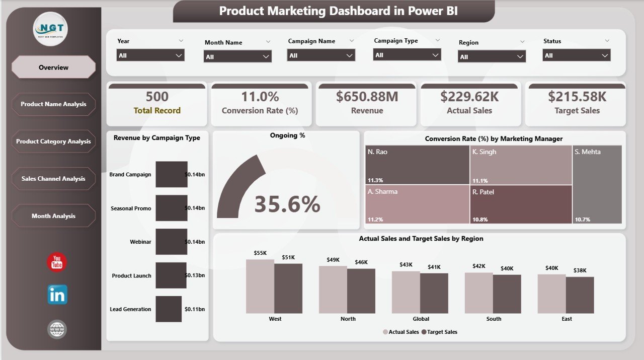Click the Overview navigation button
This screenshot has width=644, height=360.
tap(53, 67)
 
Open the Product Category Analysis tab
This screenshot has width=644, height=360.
tap(53, 141)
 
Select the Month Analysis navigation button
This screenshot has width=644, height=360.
tap(53, 216)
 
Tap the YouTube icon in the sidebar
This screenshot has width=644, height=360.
tap(57, 263)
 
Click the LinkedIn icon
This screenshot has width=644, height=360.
tap(57, 295)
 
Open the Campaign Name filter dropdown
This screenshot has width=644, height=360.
tap(321, 55)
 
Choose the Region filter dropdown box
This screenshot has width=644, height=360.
tap(492, 56)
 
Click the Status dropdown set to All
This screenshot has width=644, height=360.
tap(577, 55)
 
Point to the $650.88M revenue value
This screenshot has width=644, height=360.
tap(366, 96)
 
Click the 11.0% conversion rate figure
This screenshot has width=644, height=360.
tap(260, 96)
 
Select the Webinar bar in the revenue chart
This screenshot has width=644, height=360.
tap(171, 242)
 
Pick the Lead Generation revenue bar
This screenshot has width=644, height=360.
tap(168, 309)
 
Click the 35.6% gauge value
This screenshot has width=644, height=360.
tap(287, 204)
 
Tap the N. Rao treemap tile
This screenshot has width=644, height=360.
tap(417, 165)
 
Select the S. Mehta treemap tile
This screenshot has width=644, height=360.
tap(597, 184)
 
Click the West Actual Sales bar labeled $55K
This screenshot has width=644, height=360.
tap(260, 286)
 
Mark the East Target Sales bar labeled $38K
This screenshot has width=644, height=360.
tap(580, 295)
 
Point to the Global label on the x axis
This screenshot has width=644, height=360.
tap(421, 319)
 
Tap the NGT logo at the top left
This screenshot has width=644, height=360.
tap(50, 29)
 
